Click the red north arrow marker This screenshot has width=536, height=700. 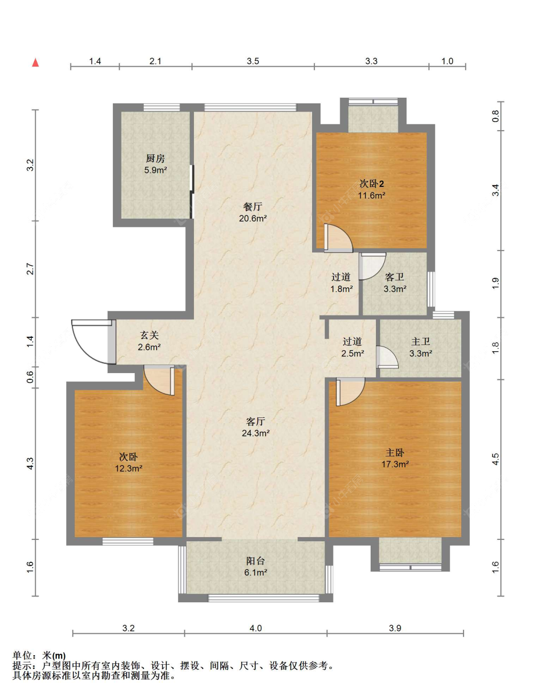click(x=35, y=62)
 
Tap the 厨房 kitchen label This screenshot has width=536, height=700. click(x=155, y=158)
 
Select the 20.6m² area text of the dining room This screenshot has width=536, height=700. click(x=253, y=218)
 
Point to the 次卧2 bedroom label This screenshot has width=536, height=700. click(x=372, y=183)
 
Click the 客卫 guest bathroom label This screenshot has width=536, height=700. click(x=394, y=277)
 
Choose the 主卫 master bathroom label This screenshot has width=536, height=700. click(x=420, y=342)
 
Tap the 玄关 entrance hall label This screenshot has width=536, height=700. click(x=149, y=335)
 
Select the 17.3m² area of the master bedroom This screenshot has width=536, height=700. click(x=395, y=464)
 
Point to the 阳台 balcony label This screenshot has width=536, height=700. click(x=255, y=561)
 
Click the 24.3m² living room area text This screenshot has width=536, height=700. click(x=255, y=433)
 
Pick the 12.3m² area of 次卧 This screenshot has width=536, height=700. click(x=129, y=468)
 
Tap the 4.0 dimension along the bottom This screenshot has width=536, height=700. click(x=255, y=628)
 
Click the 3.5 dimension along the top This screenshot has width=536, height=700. click(x=253, y=61)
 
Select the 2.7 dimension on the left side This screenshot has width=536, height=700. click(x=30, y=269)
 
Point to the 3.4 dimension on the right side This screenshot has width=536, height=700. click(x=496, y=190)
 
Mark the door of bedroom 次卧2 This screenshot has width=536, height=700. click(x=338, y=238)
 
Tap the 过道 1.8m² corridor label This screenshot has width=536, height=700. click(x=341, y=283)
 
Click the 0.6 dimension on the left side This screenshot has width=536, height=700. click(x=30, y=377)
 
